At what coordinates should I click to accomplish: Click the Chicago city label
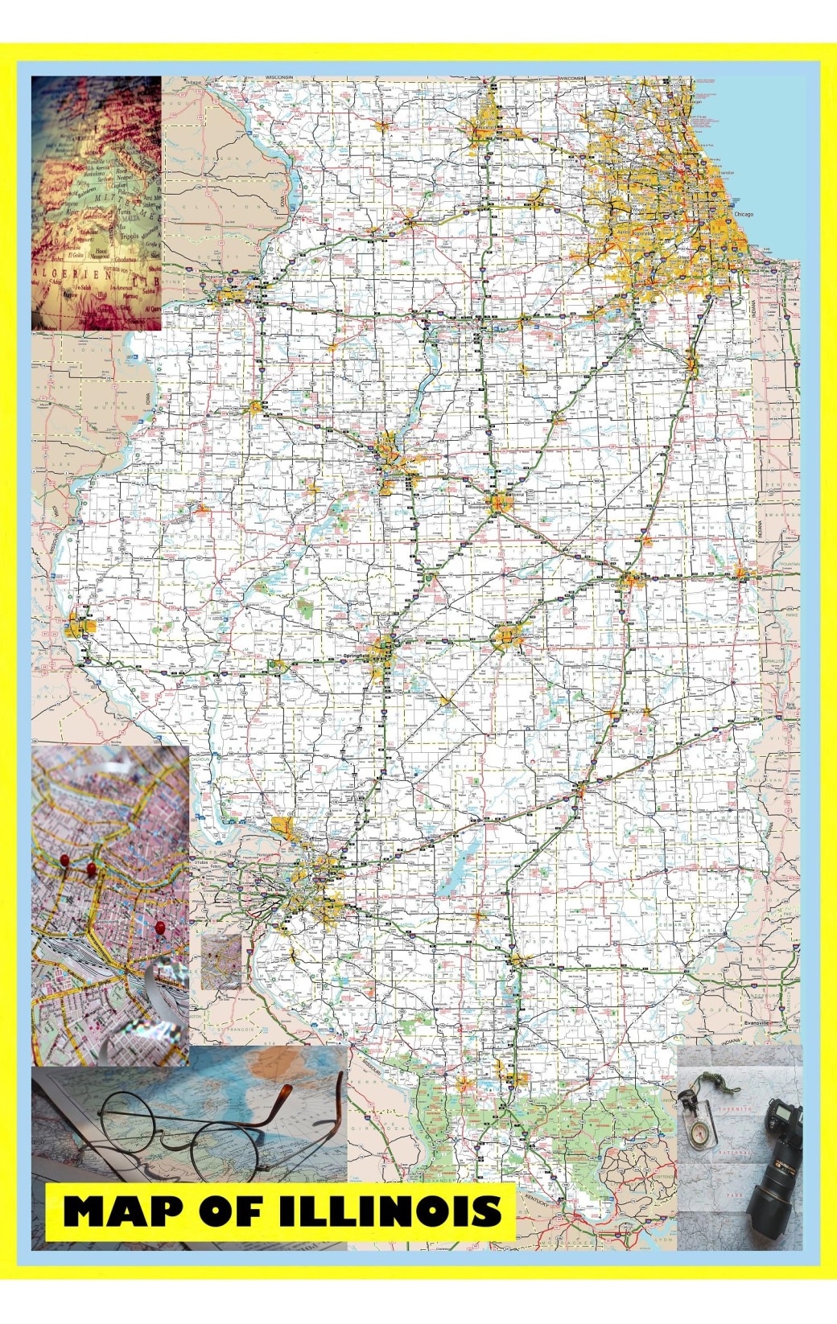[x=744, y=215]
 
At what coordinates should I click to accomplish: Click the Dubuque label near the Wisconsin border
[x=193, y=82]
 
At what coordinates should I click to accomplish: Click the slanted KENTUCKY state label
[x=538, y=1199]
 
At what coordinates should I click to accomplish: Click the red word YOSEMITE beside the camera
[x=735, y=1109]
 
